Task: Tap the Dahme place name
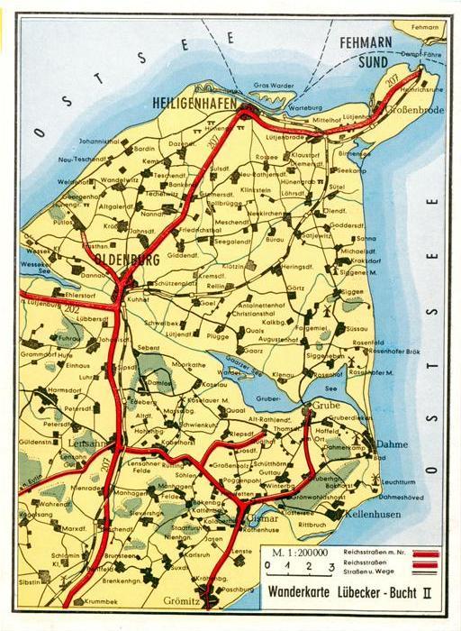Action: pyautogui.click(x=392, y=444)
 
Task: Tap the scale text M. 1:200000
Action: pyautogui.click(x=296, y=552)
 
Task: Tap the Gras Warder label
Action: pyautogui.click(x=272, y=86)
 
